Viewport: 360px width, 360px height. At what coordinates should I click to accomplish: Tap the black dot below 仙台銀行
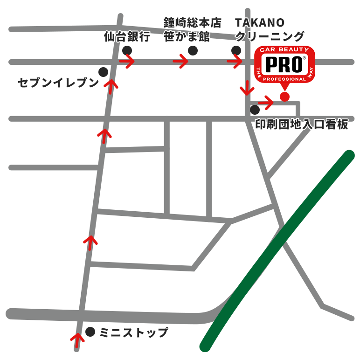point(127,50)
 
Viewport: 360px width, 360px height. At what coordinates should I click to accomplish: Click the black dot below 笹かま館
point(192,50)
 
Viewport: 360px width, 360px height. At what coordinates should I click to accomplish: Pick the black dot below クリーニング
point(236,50)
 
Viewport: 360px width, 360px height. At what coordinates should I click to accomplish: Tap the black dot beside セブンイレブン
point(103,72)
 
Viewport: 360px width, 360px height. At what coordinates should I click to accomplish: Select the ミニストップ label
point(133,333)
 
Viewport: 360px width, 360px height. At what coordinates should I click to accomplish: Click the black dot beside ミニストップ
point(90,332)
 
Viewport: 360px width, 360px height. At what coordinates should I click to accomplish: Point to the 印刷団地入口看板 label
point(302,125)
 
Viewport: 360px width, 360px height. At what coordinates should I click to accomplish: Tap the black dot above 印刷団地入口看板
point(255,110)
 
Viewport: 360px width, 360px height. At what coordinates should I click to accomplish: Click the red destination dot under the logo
point(284,97)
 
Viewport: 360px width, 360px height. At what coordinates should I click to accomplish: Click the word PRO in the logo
point(284,64)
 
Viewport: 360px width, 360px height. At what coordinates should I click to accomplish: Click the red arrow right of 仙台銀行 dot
point(127,61)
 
